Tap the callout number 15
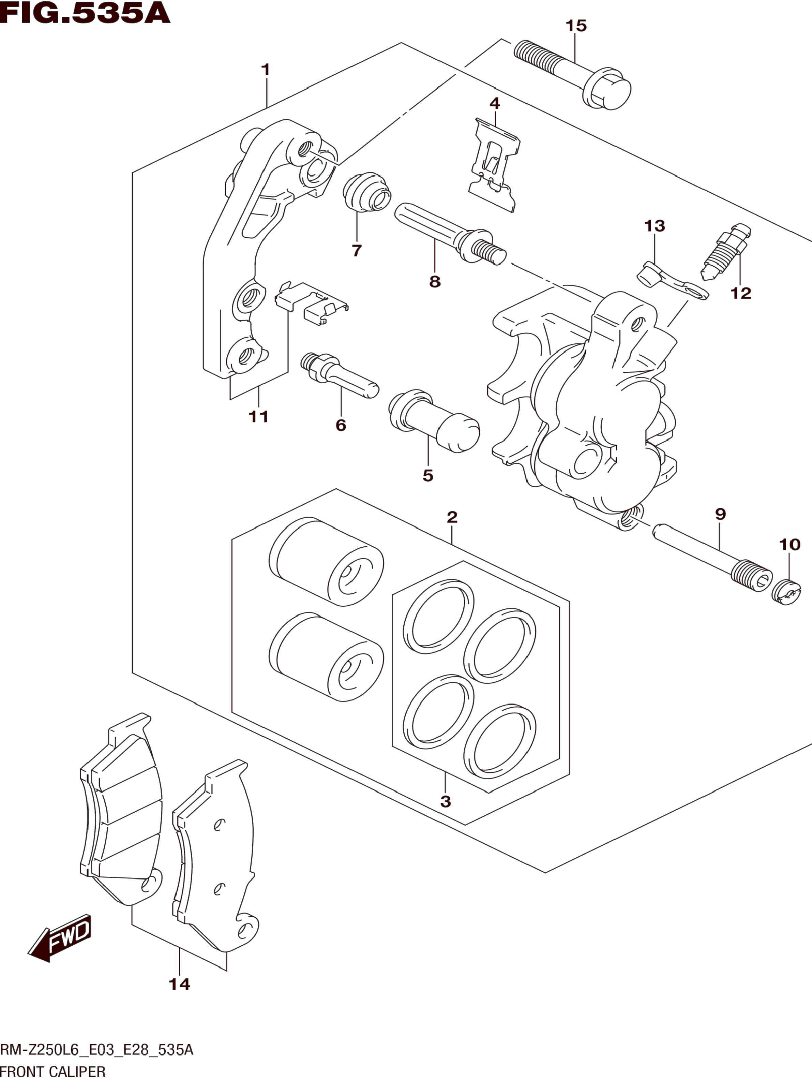click(x=576, y=25)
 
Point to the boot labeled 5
click(x=434, y=420)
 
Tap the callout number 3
click(x=445, y=801)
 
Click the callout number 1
click(x=266, y=70)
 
